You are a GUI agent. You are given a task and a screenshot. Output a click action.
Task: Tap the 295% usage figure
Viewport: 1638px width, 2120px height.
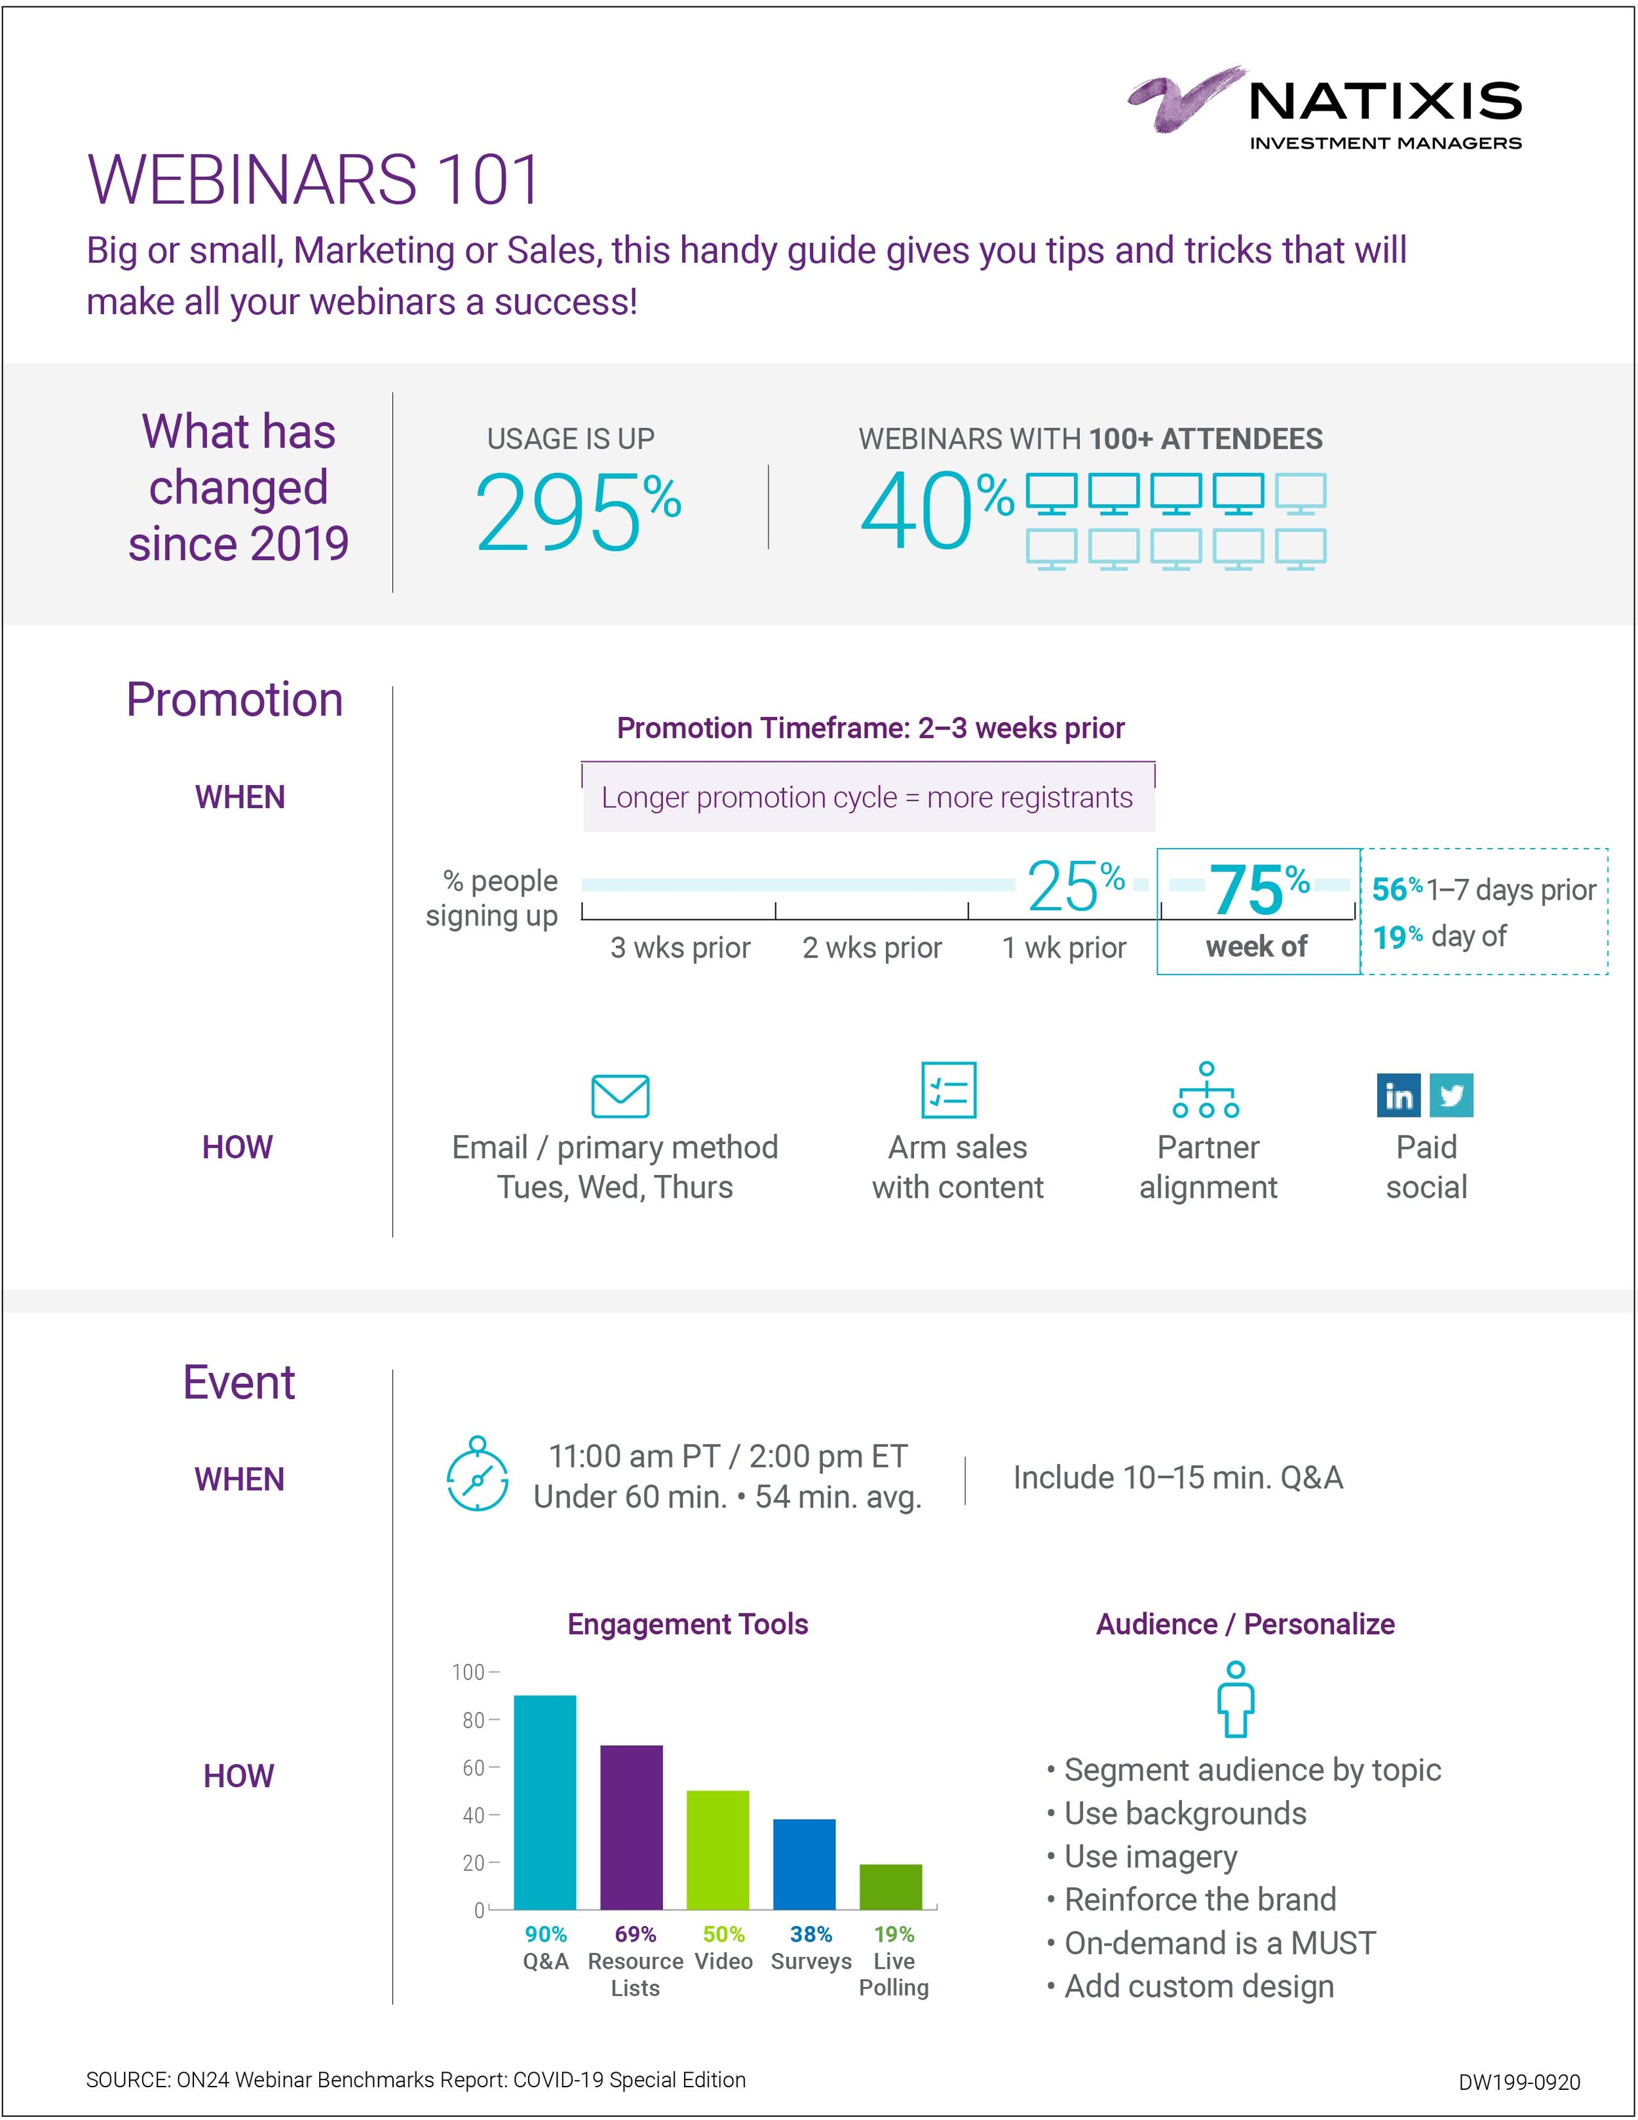tap(577, 512)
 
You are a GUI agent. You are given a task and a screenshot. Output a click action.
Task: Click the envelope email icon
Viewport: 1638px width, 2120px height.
tap(620, 1096)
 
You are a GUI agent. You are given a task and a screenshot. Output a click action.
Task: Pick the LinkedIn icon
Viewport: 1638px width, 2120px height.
tap(1398, 1096)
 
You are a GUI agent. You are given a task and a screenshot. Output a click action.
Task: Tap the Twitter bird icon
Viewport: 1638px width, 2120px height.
tap(1452, 1096)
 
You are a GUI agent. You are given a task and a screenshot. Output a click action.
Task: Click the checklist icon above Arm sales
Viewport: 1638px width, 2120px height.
tap(948, 1090)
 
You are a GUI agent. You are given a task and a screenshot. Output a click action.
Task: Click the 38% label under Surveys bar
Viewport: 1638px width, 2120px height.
tap(810, 1935)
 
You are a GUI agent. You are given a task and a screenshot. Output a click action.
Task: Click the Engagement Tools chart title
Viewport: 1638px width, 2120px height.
tap(687, 1624)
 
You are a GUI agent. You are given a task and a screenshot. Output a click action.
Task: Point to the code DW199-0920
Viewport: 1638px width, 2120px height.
tap(1519, 2082)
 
